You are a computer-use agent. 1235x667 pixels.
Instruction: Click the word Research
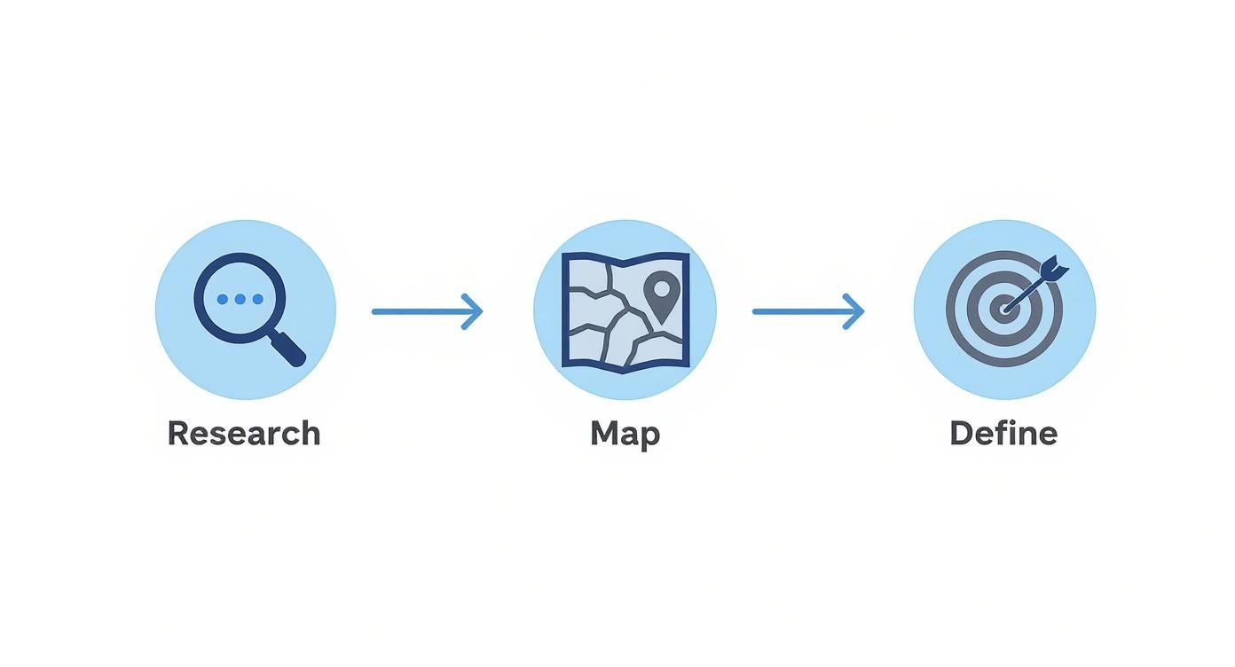tap(244, 433)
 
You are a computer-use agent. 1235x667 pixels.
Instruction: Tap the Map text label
tap(625, 436)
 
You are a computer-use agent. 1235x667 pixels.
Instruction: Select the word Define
tap(1003, 433)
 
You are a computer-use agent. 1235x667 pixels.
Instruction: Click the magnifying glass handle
tap(288, 348)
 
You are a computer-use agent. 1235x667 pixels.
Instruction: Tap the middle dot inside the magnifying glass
tap(240, 299)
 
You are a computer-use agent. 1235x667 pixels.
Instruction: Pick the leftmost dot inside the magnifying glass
tap(222, 299)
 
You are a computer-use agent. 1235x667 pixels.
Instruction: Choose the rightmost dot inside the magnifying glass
tap(257, 299)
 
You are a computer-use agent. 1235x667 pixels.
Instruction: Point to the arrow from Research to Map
tap(428, 311)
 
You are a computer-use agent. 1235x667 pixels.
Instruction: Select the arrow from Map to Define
tap(808, 311)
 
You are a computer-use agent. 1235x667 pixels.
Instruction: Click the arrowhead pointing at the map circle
tap(473, 311)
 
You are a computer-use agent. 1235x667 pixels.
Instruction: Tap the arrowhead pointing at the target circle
tap(854, 311)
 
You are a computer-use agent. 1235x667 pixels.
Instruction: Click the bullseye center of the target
tap(1004, 309)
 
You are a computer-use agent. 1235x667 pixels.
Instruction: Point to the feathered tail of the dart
tap(1054, 269)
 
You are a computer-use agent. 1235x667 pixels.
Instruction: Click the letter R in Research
tap(178, 433)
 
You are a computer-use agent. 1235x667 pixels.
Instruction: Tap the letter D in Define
tap(962, 433)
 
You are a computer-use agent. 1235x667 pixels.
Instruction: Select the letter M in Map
tap(605, 433)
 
